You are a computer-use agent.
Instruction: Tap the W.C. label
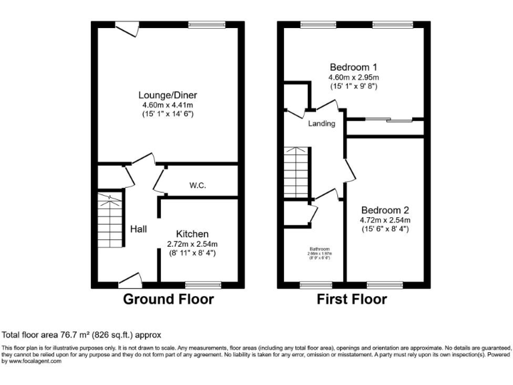[x=197, y=185]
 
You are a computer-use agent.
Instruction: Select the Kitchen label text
[x=192, y=233]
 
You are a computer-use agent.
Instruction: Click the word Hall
[x=138, y=229]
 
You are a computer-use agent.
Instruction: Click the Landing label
[x=321, y=124]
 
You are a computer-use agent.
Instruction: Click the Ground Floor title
[x=168, y=299]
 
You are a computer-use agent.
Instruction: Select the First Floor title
[x=351, y=299]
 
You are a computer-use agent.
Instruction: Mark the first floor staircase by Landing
[x=295, y=172]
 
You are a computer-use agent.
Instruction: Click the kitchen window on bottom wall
[x=202, y=285]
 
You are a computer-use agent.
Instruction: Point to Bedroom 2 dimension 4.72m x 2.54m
[x=385, y=220]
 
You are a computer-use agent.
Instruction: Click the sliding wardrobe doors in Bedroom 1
[x=391, y=120]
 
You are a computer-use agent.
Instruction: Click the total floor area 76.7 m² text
[x=81, y=334]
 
